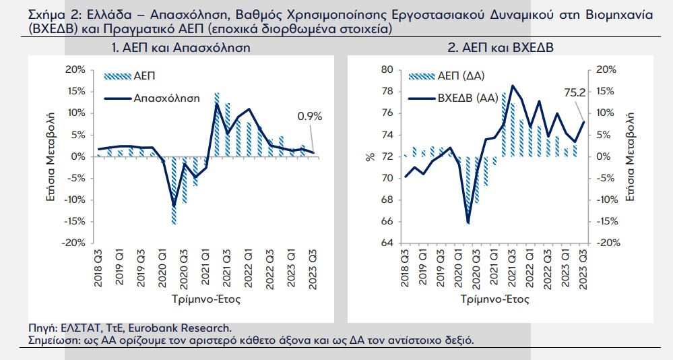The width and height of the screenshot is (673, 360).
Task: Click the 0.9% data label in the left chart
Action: point(310,116)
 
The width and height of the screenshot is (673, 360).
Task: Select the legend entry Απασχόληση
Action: point(166,98)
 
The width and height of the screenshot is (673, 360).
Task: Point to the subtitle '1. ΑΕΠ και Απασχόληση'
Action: point(180,48)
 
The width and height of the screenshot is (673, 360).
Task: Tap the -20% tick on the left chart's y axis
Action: point(75,243)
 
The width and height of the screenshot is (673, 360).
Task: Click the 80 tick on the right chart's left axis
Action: point(387,69)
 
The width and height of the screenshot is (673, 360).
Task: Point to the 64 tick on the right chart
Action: point(387,243)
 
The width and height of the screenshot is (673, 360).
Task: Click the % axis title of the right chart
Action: point(370,156)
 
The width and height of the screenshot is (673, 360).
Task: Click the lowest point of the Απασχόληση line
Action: point(174,206)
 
